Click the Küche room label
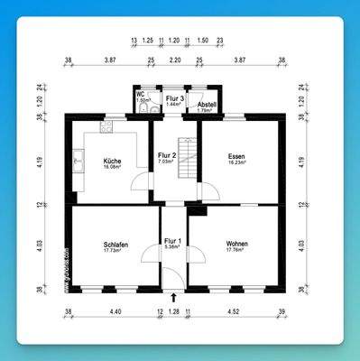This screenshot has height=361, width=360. click(112, 160)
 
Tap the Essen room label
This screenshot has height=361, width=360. click(236, 155)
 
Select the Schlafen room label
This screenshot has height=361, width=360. click(115, 245)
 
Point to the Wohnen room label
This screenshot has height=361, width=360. click(237, 244)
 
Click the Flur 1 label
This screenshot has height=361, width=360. click(172, 240)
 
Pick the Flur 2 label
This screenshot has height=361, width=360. click(167, 155)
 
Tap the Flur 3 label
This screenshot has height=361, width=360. click(175, 97)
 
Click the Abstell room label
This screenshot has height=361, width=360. click(208, 105)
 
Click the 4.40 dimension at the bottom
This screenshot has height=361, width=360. click(115, 312)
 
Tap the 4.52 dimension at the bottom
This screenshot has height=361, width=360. click(233, 312)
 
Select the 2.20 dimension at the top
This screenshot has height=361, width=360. click(175, 59)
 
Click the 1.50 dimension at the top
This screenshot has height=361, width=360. click(203, 42)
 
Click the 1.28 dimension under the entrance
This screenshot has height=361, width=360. click(174, 312)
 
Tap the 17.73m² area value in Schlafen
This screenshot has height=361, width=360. click(115, 251)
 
